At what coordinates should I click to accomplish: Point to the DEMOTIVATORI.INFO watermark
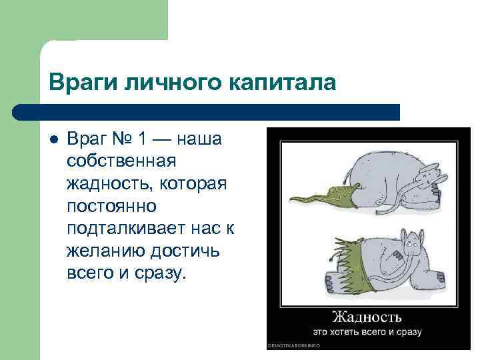coord(293,345)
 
